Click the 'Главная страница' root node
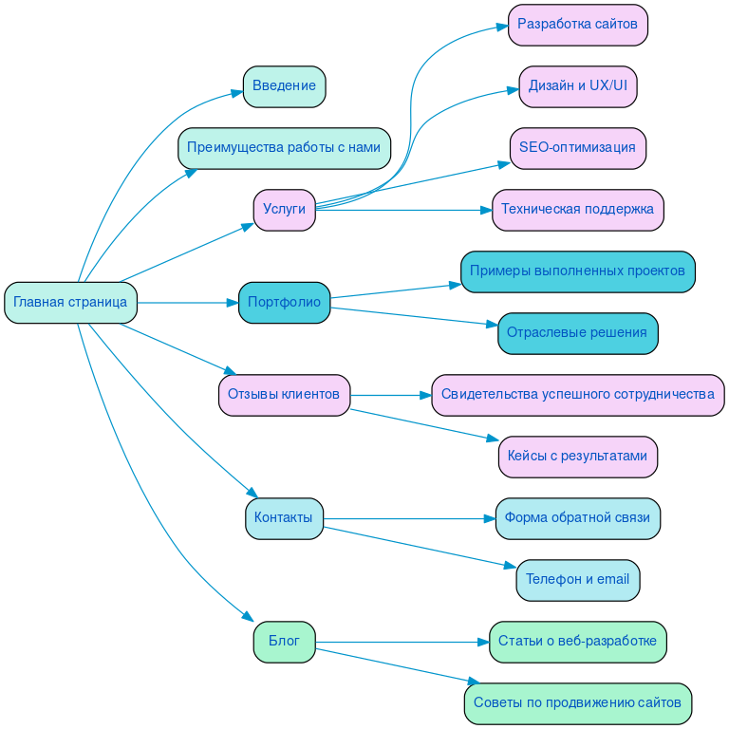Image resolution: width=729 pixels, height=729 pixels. point(70,303)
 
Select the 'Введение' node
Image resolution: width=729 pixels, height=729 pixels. point(284,86)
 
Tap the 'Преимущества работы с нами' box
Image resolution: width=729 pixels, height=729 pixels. point(284,148)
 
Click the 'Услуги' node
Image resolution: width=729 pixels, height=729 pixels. point(284,210)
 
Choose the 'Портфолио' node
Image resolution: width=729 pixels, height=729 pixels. point(284,303)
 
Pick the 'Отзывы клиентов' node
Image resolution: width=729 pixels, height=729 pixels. point(284,395)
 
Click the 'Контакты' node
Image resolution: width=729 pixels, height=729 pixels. point(284,518)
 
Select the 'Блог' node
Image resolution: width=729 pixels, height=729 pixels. point(284,642)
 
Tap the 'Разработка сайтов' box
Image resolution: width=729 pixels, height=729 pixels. point(577,25)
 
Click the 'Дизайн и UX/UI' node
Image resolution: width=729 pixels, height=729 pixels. point(577,86)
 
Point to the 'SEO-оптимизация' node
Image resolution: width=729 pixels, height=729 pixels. point(577,148)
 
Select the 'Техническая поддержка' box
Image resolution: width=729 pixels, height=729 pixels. point(577,210)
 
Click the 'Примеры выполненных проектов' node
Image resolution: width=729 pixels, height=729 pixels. point(577,271)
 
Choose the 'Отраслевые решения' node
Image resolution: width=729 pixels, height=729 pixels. point(577,333)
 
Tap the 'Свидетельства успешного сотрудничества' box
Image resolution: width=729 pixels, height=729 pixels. point(577,395)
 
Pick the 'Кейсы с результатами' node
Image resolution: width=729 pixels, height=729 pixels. point(577,457)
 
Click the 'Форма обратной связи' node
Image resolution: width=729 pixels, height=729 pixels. point(577,518)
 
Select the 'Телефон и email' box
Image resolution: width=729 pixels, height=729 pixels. point(577,580)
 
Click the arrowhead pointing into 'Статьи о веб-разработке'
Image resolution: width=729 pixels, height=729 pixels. point(483,642)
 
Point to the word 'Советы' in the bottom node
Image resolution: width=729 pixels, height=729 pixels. point(496,703)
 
